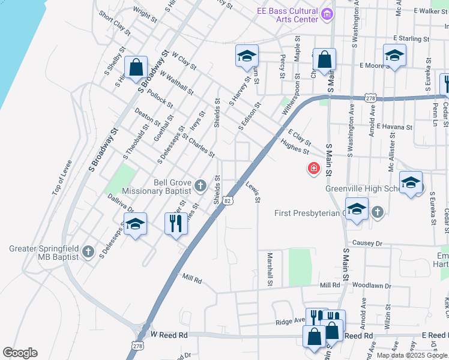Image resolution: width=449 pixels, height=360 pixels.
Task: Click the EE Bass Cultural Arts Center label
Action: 287,15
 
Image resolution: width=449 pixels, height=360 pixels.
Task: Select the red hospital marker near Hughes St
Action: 313,169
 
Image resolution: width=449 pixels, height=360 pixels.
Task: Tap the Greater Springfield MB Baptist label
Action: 44,253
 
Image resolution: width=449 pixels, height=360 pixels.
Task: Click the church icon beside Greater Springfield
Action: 88,251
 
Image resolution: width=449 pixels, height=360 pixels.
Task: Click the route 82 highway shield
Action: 228,202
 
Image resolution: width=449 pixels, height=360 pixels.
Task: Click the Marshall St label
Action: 270,269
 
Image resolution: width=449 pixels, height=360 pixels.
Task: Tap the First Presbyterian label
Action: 308,213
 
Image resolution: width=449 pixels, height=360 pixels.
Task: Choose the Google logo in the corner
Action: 20,353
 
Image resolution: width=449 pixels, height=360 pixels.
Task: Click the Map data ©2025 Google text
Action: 411,355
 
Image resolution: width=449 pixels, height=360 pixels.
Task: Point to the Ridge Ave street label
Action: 290,322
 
